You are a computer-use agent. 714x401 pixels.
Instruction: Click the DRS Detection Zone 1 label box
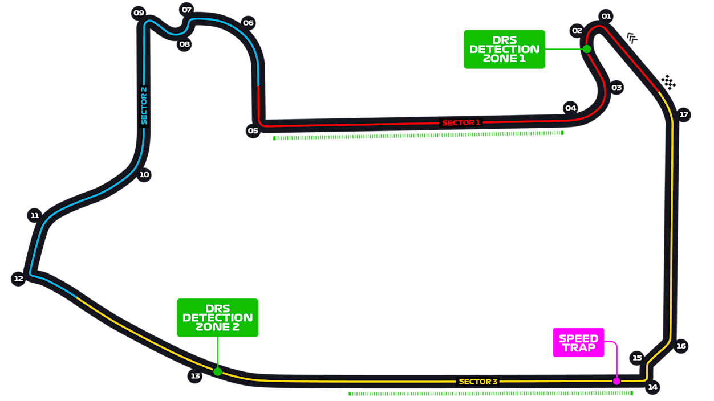(x=504, y=50)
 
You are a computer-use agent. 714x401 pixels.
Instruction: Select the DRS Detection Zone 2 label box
(x=217, y=318)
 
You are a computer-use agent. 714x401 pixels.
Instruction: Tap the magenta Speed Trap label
(x=578, y=343)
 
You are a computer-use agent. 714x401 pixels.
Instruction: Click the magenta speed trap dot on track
(x=616, y=381)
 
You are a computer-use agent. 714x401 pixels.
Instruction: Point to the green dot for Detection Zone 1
(x=587, y=49)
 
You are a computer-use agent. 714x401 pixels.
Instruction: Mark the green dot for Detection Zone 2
(x=217, y=371)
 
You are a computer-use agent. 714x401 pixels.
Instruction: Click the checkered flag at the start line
(x=668, y=83)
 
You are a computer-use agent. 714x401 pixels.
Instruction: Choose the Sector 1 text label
(x=461, y=122)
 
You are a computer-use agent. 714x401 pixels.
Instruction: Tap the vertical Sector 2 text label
(x=144, y=105)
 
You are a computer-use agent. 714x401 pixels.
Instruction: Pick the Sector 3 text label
(x=478, y=382)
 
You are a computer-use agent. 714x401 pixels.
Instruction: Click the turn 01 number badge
(x=606, y=16)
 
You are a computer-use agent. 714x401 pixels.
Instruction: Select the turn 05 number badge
(x=253, y=131)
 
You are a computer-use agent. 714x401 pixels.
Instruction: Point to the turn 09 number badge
(x=139, y=13)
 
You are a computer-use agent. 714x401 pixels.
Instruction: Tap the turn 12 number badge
(x=19, y=279)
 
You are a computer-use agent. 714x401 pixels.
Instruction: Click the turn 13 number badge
(x=196, y=376)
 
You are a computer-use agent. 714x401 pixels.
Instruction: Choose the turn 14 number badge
(x=653, y=387)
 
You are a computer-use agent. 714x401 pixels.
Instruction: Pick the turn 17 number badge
(x=684, y=115)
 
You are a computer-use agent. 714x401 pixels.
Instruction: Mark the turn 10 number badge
(x=144, y=175)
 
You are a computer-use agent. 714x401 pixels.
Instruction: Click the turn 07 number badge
(x=186, y=10)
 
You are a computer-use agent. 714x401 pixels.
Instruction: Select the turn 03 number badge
(x=616, y=88)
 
